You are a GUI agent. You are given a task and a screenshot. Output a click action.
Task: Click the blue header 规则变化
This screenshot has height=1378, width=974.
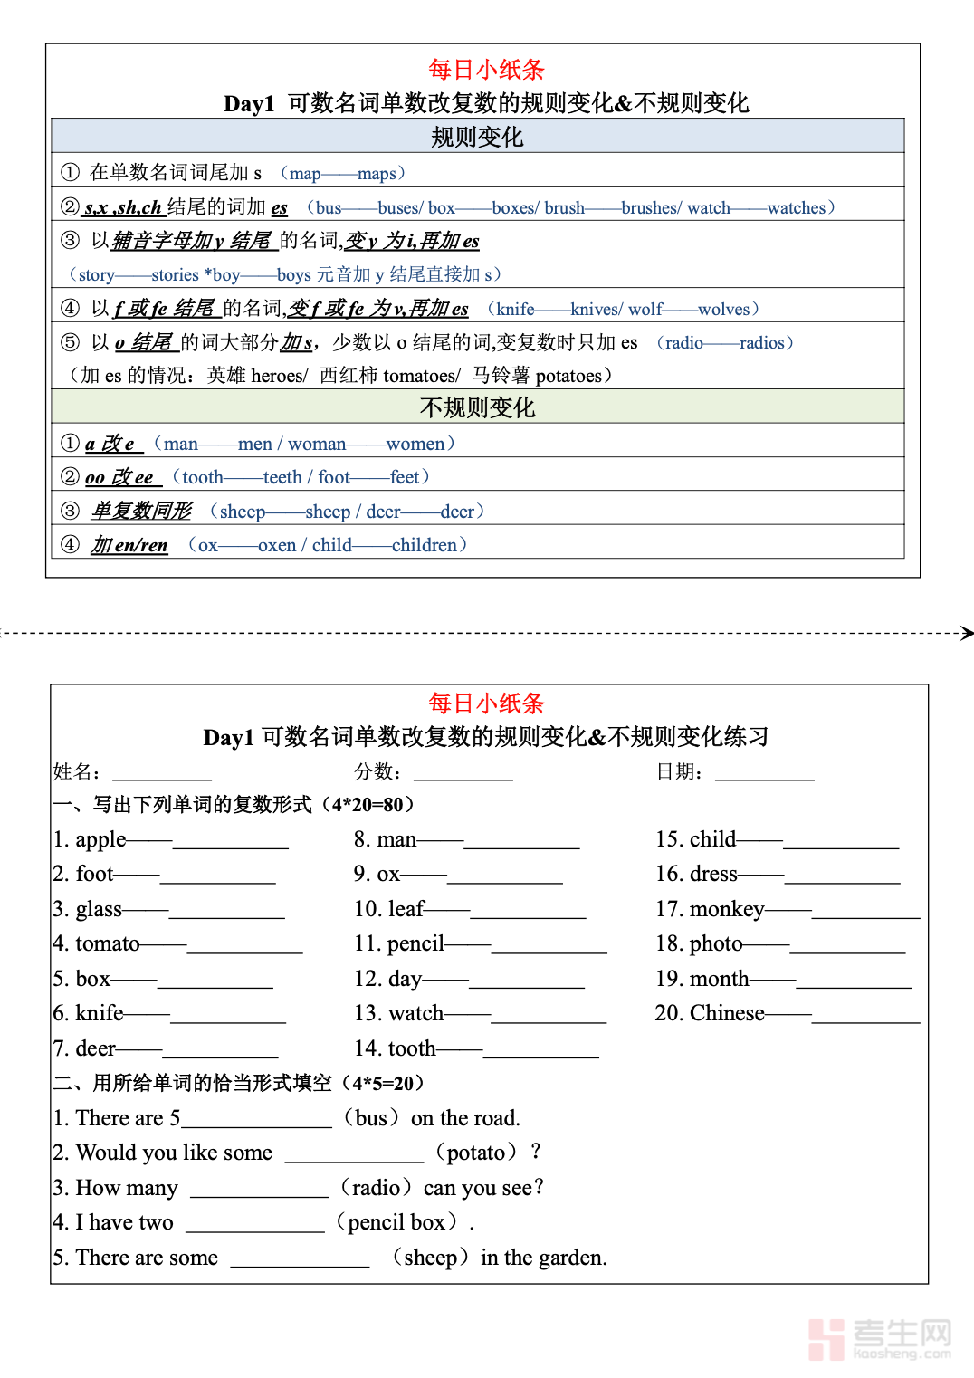(477, 137)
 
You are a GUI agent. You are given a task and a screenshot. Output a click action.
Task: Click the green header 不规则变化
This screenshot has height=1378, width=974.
(477, 407)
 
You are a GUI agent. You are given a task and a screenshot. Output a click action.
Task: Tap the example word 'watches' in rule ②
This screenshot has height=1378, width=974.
(796, 208)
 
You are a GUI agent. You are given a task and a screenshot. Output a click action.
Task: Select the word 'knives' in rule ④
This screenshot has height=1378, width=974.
(595, 310)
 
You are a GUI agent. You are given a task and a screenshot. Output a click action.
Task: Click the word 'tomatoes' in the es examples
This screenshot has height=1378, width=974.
(421, 376)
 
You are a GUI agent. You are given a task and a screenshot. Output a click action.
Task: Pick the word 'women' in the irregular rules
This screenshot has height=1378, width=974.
(415, 444)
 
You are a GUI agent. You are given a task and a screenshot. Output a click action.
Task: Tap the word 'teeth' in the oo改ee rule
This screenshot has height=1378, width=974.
(282, 477)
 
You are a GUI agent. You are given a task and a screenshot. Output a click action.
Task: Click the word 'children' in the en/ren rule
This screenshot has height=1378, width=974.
(425, 545)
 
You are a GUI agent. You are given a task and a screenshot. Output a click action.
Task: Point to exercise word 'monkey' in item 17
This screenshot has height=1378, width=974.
(727, 909)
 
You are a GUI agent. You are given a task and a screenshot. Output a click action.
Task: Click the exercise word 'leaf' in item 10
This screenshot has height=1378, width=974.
(406, 909)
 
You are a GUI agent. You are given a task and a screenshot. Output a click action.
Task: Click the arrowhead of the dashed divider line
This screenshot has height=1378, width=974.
(967, 633)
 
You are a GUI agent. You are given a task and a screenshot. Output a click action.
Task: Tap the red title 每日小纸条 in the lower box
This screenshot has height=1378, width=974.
(486, 703)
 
